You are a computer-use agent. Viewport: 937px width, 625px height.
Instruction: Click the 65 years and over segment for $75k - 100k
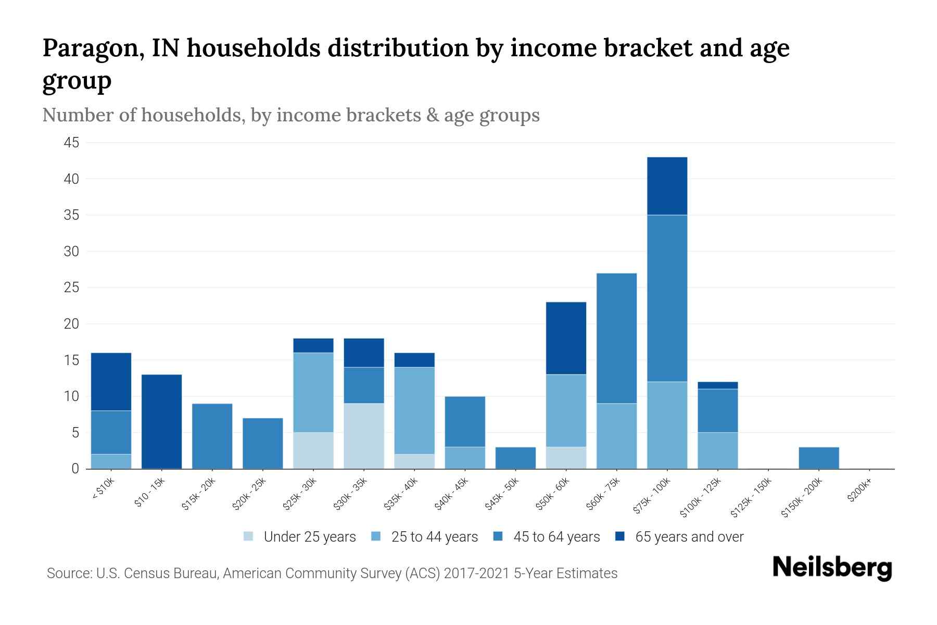pyautogui.click(x=667, y=186)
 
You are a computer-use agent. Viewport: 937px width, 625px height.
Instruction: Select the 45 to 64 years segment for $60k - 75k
pyautogui.click(x=616, y=339)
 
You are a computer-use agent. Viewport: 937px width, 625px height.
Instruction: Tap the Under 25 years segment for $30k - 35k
pyautogui.click(x=364, y=436)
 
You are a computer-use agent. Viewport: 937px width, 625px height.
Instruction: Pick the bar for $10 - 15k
pyautogui.click(x=161, y=421)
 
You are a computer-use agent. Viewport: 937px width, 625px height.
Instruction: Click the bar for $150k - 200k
pyautogui.click(x=818, y=458)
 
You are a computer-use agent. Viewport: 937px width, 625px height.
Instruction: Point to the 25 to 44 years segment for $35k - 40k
pyautogui.click(x=414, y=410)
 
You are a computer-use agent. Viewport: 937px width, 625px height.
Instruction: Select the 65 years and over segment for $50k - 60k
pyautogui.click(x=566, y=338)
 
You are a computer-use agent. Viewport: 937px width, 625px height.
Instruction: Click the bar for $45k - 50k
pyautogui.click(x=515, y=458)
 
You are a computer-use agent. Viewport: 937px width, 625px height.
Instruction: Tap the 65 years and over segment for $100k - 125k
pyautogui.click(x=717, y=385)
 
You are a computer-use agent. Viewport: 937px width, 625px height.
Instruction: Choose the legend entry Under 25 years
pyautogui.click(x=309, y=537)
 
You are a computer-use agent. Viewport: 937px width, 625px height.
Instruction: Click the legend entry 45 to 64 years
pyautogui.click(x=556, y=537)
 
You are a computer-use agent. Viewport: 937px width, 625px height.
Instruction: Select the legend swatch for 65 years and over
pyautogui.click(x=620, y=536)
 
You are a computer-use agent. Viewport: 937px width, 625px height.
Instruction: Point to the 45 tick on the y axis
pyautogui.click(x=72, y=143)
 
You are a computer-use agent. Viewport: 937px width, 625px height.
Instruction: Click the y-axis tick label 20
pyautogui.click(x=72, y=324)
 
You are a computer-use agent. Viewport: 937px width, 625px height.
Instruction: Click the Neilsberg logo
pyautogui.click(x=832, y=568)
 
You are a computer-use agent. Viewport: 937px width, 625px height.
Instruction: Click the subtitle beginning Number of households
pyautogui.click(x=290, y=115)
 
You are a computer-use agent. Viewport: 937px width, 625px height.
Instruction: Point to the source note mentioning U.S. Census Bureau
pyautogui.click(x=332, y=573)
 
